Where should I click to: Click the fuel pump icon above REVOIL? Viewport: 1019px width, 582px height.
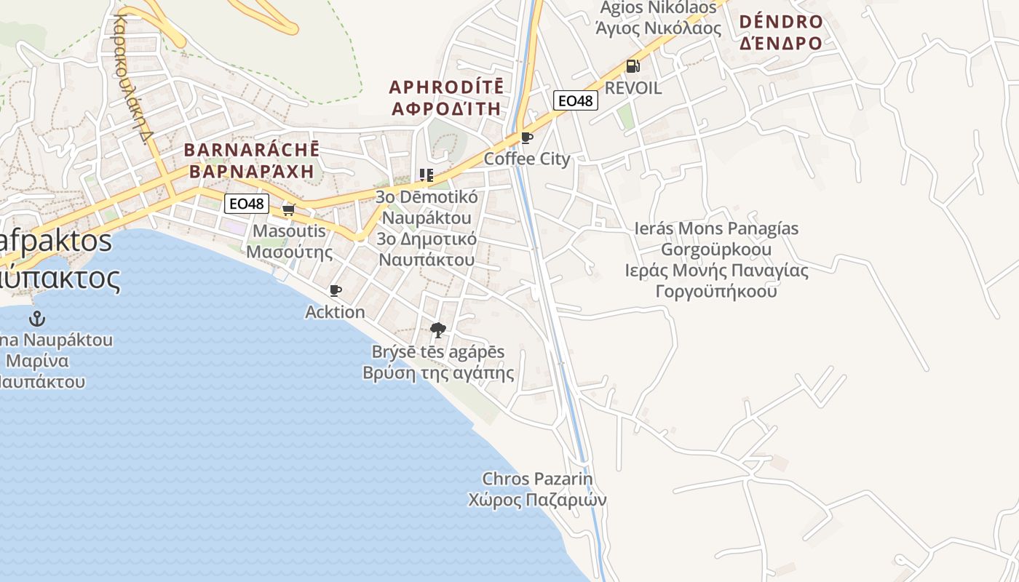click(633, 66)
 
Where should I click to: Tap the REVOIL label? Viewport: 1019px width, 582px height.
click(633, 89)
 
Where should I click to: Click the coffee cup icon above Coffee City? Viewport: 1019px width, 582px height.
click(527, 137)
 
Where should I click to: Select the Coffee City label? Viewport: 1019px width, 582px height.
click(527, 159)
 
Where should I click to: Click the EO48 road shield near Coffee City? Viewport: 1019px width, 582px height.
click(575, 100)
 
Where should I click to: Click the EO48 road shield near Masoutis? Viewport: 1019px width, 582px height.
click(246, 204)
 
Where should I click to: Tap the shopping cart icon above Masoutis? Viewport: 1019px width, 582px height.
click(288, 210)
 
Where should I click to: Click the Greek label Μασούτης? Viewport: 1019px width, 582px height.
click(290, 252)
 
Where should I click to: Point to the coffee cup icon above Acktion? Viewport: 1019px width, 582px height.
click(335, 291)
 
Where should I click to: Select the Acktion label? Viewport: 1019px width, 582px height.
click(335, 312)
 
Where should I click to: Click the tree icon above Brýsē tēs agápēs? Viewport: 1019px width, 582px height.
click(437, 330)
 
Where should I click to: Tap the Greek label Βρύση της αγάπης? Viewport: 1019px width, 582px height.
click(438, 374)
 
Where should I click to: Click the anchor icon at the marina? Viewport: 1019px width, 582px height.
click(36, 319)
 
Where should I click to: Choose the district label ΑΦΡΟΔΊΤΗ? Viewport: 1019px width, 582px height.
click(446, 109)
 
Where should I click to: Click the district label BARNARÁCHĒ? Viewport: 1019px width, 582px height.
click(251, 151)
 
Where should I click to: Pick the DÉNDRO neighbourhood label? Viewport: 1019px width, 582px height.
click(781, 22)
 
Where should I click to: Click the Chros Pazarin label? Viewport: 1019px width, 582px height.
click(537, 479)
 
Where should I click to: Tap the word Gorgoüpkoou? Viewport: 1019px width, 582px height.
click(716, 250)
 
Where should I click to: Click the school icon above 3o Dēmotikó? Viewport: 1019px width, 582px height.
click(426, 175)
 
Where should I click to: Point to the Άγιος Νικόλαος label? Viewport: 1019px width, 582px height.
click(658, 29)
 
